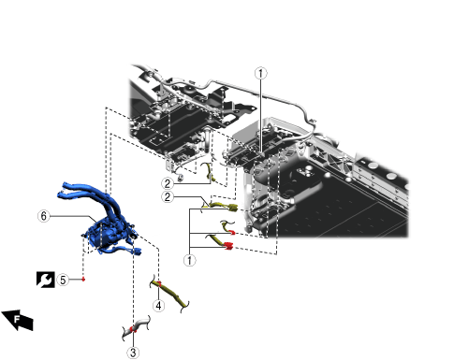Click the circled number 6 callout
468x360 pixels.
[44, 216]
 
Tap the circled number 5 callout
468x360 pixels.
[63, 280]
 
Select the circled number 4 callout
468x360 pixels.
[159, 306]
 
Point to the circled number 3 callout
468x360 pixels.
[133, 353]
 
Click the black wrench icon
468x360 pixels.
[46, 280]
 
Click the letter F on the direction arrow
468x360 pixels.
[17, 319]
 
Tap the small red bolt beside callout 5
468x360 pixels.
[83, 279]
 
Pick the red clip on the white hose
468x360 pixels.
[133, 329]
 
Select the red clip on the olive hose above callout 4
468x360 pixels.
[159, 283]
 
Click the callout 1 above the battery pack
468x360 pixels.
[261, 73]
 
